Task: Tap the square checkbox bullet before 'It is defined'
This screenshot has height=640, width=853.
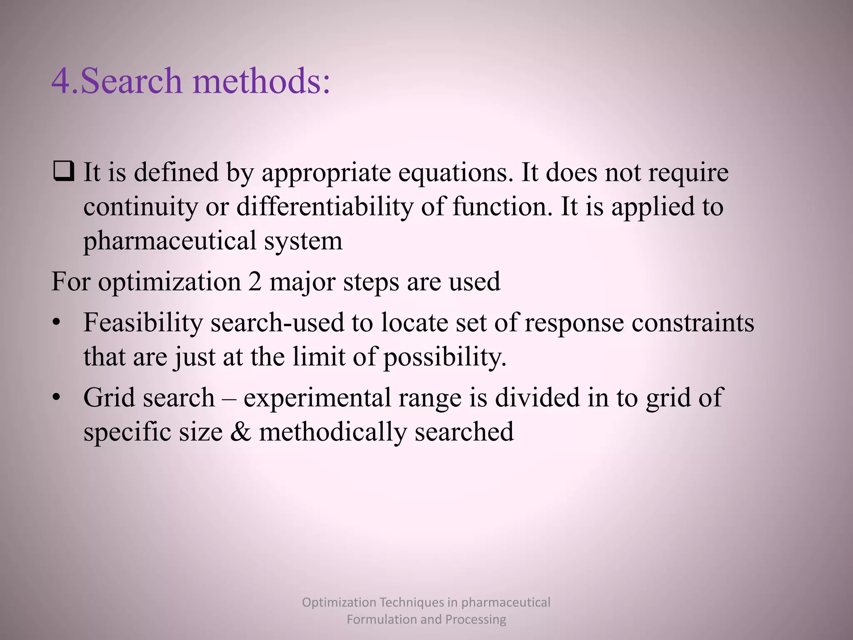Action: pos(64,172)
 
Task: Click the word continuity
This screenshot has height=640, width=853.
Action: pos(140,207)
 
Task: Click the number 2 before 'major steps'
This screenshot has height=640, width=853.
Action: pos(255,281)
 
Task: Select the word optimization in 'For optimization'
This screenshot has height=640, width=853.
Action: pos(170,282)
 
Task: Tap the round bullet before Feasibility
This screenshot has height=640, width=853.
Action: pos(57,322)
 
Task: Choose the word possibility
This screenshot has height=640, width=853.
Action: pos(445,357)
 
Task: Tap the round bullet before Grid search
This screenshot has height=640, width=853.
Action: pos(57,397)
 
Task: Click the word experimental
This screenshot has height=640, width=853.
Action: pos(317,398)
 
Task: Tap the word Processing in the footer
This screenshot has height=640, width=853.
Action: pos(476,619)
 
